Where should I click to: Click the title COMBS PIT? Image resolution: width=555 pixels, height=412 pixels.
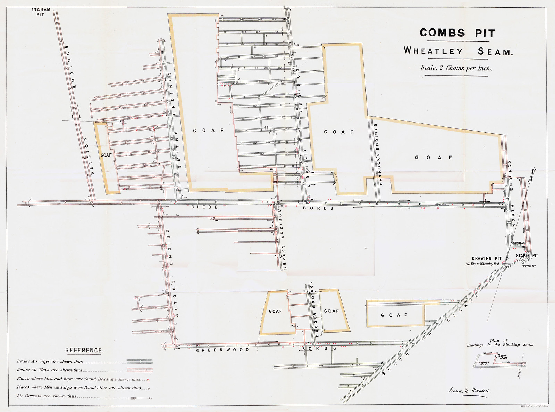click(457, 33)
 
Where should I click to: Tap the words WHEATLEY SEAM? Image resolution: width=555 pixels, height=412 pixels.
click(457, 51)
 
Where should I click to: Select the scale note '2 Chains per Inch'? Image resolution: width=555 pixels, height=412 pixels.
click(456, 68)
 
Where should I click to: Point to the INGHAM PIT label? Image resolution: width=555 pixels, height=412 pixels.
click(41, 12)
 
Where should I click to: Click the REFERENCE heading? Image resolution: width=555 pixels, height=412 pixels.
click(84, 350)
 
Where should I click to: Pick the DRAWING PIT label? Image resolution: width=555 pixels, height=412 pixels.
click(486, 258)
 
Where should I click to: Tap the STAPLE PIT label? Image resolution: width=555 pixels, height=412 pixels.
click(527, 256)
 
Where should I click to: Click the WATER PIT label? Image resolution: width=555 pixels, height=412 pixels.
click(529, 266)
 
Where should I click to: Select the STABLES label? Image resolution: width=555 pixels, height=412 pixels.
click(519, 243)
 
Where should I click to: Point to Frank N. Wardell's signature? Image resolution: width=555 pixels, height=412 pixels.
click(470, 390)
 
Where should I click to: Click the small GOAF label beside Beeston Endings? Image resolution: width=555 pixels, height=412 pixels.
click(106, 155)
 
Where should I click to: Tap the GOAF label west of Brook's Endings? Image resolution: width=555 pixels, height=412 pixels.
click(275, 311)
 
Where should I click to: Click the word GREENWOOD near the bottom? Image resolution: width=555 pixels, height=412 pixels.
click(222, 350)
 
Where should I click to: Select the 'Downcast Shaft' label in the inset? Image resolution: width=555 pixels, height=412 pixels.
click(483, 363)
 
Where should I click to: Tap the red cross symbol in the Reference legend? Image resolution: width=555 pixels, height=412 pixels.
click(148, 380)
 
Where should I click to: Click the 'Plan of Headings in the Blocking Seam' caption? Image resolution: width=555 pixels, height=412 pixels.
click(500, 343)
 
